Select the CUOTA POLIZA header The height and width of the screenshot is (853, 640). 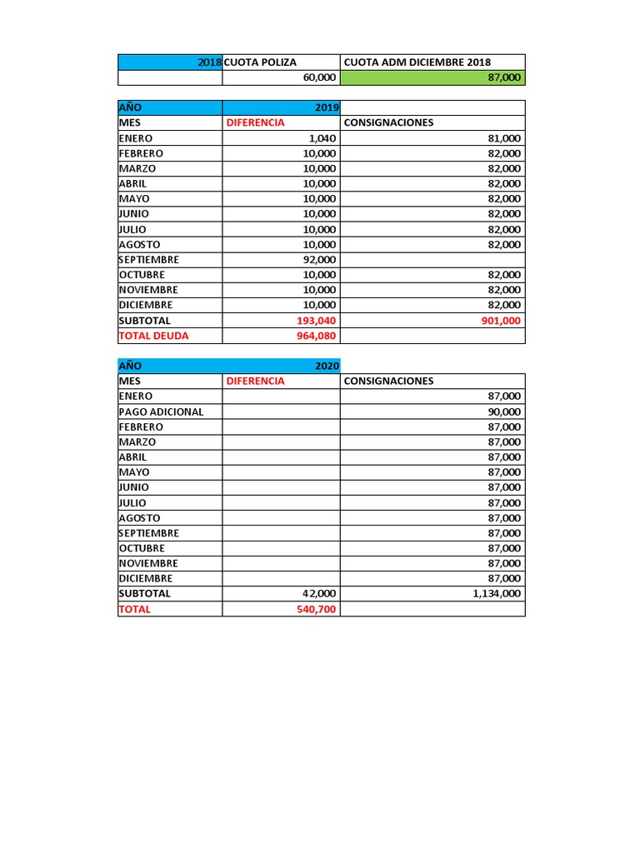[261, 62]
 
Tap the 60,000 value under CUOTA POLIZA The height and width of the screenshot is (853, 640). [320, 77]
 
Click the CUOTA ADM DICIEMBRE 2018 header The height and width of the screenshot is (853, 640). [417, 62]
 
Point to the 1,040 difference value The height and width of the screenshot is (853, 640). [322, 138]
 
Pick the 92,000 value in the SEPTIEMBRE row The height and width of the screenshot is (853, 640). [320, 260]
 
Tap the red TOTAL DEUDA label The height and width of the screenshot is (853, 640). [154, 336]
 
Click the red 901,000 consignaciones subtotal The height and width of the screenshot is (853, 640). [502, 321]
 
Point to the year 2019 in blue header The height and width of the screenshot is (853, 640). [327, 108]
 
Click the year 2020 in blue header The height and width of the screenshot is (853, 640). [327, 366]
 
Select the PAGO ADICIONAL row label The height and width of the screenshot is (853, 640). [162, 412]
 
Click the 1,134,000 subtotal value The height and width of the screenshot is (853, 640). [497, 594]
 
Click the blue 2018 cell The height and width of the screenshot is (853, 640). [210, 62]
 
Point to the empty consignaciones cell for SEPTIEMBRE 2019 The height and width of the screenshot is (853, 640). [432, 260]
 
